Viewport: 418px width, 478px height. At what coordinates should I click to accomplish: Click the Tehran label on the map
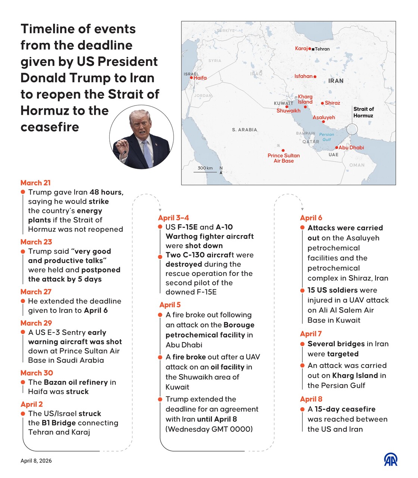(x=322, y=49)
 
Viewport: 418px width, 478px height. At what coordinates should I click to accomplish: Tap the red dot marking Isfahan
(x=315, y=77)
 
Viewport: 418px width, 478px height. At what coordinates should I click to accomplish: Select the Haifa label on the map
(x=200, y=78)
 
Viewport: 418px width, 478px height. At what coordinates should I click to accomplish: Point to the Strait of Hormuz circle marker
(x=352, y=129)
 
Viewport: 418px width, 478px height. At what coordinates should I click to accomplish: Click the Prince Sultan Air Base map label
(x=284, y=158)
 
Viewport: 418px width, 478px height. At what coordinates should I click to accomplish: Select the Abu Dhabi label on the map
(x=351, y=148)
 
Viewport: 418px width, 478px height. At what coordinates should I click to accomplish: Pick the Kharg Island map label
(x=305, y=99)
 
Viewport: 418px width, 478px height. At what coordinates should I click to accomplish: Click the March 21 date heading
(x=35, y=183)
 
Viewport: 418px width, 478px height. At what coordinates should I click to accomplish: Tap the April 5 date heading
(x=170, y=305)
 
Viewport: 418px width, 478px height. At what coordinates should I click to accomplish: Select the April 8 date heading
(x=311, y=399)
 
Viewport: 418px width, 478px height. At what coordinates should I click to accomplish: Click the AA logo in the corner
(x=391, y=459)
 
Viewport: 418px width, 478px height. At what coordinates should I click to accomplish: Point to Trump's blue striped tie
(x=147, y=153)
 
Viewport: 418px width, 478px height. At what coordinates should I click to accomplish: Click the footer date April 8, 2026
(x=36, y=461)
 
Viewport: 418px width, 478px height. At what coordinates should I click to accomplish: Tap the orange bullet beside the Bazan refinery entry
(x=23, y=383)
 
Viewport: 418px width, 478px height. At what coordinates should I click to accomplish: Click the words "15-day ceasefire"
(x=345, y=409)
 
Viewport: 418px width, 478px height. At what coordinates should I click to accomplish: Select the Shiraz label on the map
(x=332, y=103)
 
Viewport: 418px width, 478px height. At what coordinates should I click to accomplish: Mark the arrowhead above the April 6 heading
(x=302, y=210)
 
